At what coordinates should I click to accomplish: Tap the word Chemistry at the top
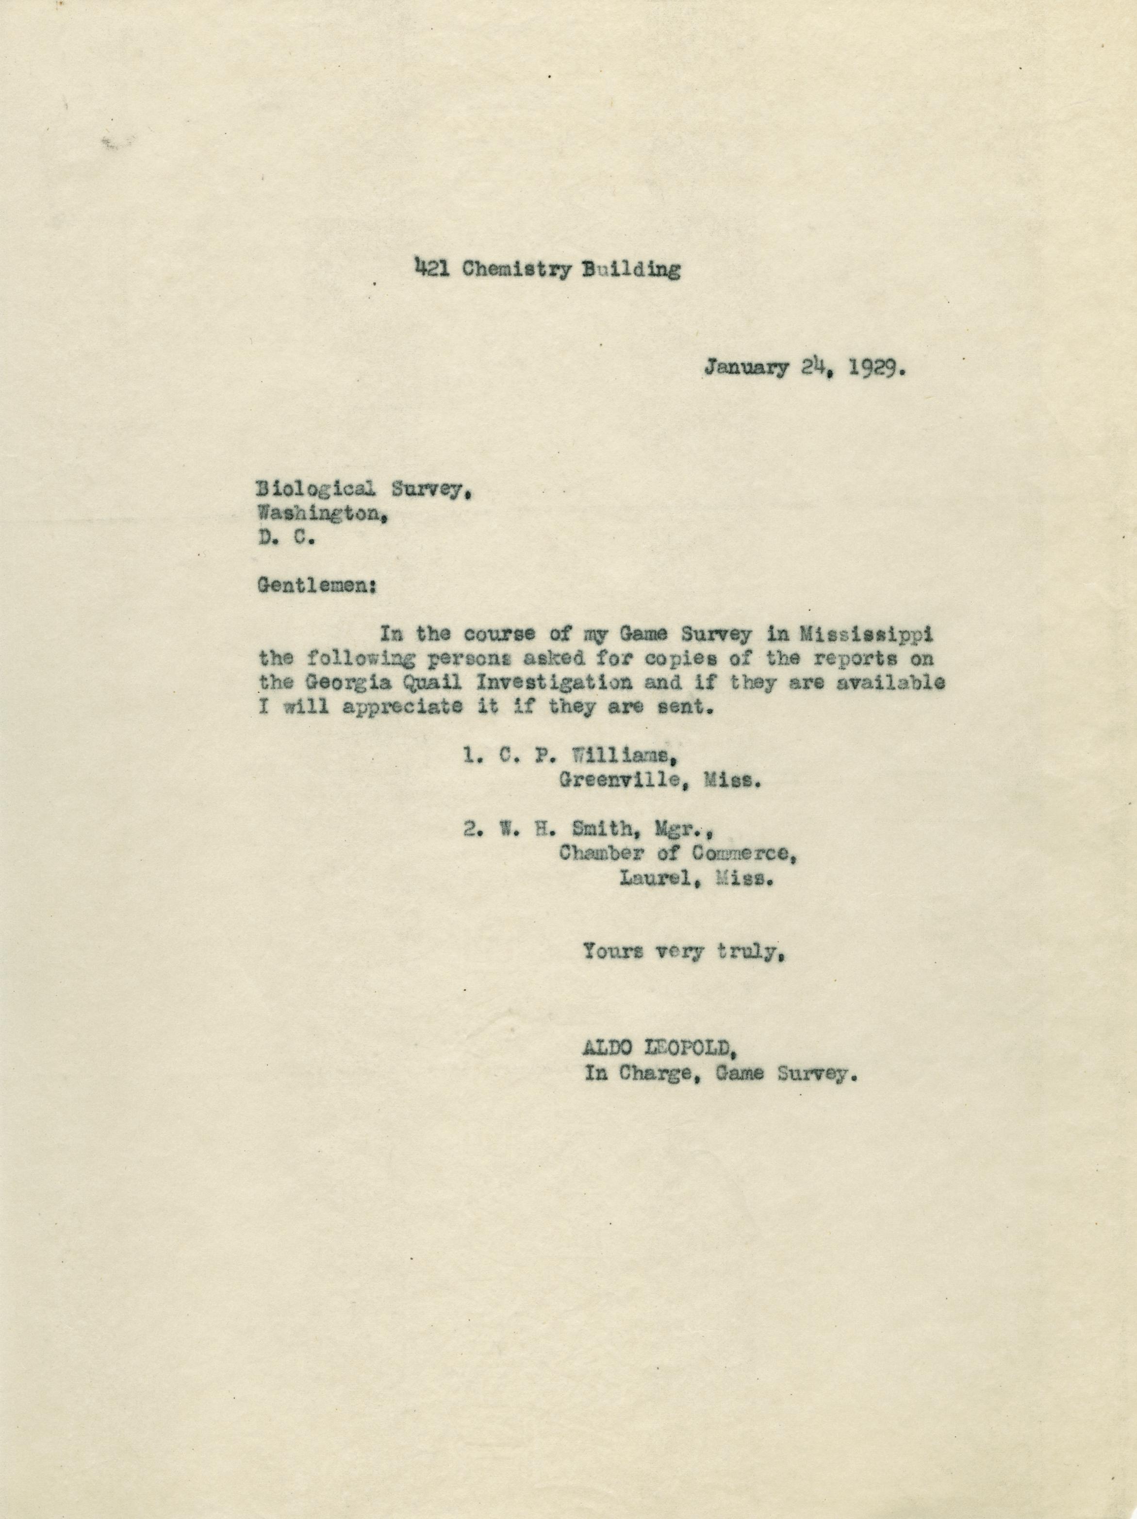pyautogui.click(x=516, y=269)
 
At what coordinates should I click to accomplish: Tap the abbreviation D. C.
pyautogui.click(x=286, y=538)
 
